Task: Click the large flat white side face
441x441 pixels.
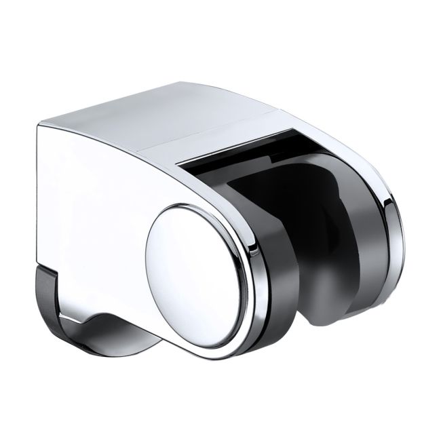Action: [88, 204]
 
